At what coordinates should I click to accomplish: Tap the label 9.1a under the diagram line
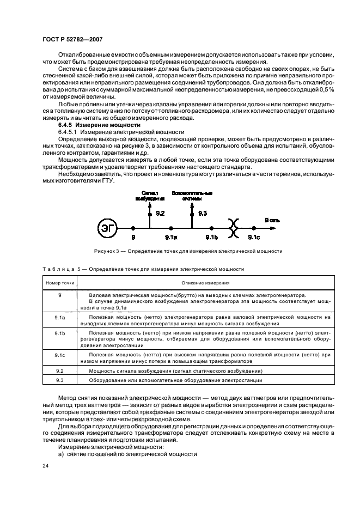(171, 238)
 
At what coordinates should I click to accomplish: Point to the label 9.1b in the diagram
(211, 238)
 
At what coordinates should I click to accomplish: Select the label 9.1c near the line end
(254, 238)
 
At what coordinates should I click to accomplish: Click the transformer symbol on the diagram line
(234, 228)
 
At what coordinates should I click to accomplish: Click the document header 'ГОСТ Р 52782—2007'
(73, 39)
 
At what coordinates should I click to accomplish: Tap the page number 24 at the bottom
(46, 465)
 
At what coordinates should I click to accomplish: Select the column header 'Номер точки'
(60, 283)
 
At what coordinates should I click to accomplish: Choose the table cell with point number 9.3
(60, 380)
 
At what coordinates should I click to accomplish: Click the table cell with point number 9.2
(60, 370)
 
